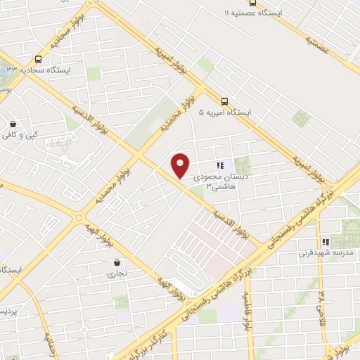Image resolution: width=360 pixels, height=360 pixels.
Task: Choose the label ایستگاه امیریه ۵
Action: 225,112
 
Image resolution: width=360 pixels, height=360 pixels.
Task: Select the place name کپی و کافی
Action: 30,134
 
